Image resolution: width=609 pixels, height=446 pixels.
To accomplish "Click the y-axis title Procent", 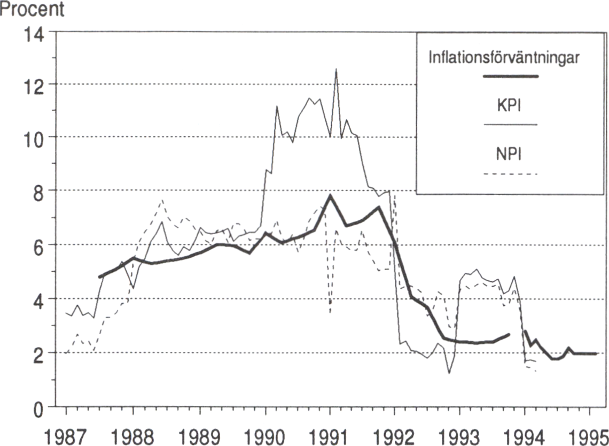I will click(32, 10).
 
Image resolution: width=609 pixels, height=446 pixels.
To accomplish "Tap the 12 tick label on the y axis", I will click(36, 84).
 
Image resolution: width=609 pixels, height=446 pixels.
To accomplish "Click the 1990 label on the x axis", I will click(265, 433).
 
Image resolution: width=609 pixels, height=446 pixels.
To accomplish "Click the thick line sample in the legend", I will click(510, 76).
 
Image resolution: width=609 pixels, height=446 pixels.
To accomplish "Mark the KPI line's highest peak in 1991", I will click(336, 69).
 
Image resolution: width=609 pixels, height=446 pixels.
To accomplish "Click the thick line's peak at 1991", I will click(330, 196).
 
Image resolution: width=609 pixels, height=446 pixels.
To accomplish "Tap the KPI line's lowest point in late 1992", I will click(449, 372).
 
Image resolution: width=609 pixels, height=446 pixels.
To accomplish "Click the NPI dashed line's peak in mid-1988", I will click(162, 200).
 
